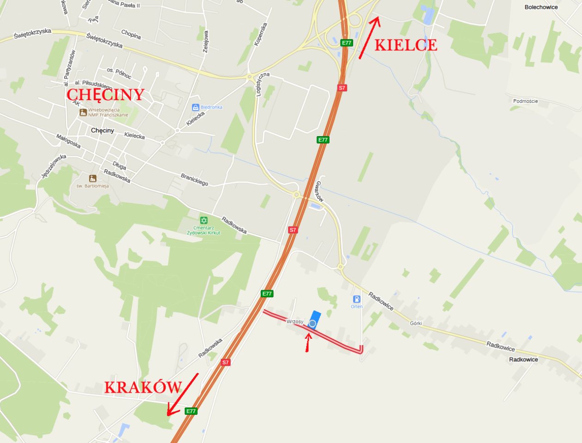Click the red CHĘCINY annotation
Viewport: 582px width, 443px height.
click(106, 94)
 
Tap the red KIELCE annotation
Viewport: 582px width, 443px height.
click(405, 45)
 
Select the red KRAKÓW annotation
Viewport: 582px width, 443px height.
click(143, 387)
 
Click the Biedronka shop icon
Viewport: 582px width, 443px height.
click(196, 107)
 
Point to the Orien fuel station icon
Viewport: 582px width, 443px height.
click(356, 299)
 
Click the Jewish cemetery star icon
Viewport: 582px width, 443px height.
click(204, 221)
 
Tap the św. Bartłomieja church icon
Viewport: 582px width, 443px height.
click(93, 178)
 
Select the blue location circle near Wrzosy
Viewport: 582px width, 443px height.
click(312, 323)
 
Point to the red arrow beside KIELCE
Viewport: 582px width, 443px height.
click(369, 37)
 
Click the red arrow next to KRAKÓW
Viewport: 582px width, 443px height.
click(182, 394)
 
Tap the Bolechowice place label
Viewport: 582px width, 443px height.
click(541, 7)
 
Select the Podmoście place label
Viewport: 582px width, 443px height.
click(525, 101)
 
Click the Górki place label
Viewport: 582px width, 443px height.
click(416, 323)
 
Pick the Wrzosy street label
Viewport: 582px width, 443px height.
click(294, 321)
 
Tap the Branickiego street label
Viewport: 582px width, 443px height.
click(194, 180)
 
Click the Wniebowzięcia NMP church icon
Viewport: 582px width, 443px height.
click(83, 112)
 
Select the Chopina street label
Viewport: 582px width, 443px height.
click(131, 35)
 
